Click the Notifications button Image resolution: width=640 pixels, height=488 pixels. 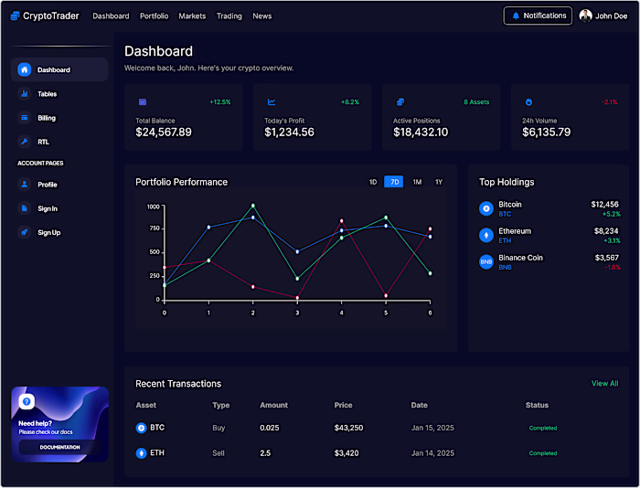(538, 16)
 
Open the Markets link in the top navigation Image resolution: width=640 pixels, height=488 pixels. (192, 16)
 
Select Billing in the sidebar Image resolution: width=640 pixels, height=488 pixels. (47, 118)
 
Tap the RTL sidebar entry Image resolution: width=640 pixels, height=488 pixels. (43, 142)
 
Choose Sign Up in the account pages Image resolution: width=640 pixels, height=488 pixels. (48, 232)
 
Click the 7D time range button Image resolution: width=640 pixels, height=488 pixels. (394, 182)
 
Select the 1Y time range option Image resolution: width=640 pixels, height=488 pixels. (439, 182)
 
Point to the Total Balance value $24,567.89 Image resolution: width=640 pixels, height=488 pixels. (164, 133)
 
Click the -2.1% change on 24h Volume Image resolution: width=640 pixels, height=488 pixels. (610, 102)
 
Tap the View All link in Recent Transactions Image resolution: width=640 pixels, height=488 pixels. (604, 384)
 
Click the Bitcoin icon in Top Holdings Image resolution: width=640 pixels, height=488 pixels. (486, 208)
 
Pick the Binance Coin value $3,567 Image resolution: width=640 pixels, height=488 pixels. (606, 258)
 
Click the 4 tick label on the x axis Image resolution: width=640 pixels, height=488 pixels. (341, 313)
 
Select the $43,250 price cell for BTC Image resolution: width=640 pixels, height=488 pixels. (348, 428)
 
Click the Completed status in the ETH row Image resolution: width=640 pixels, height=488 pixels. (543, 453)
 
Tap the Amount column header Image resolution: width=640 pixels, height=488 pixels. (273, 405)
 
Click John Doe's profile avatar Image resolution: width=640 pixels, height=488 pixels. (585, 16)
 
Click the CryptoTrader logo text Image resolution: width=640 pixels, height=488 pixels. (51, 16)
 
